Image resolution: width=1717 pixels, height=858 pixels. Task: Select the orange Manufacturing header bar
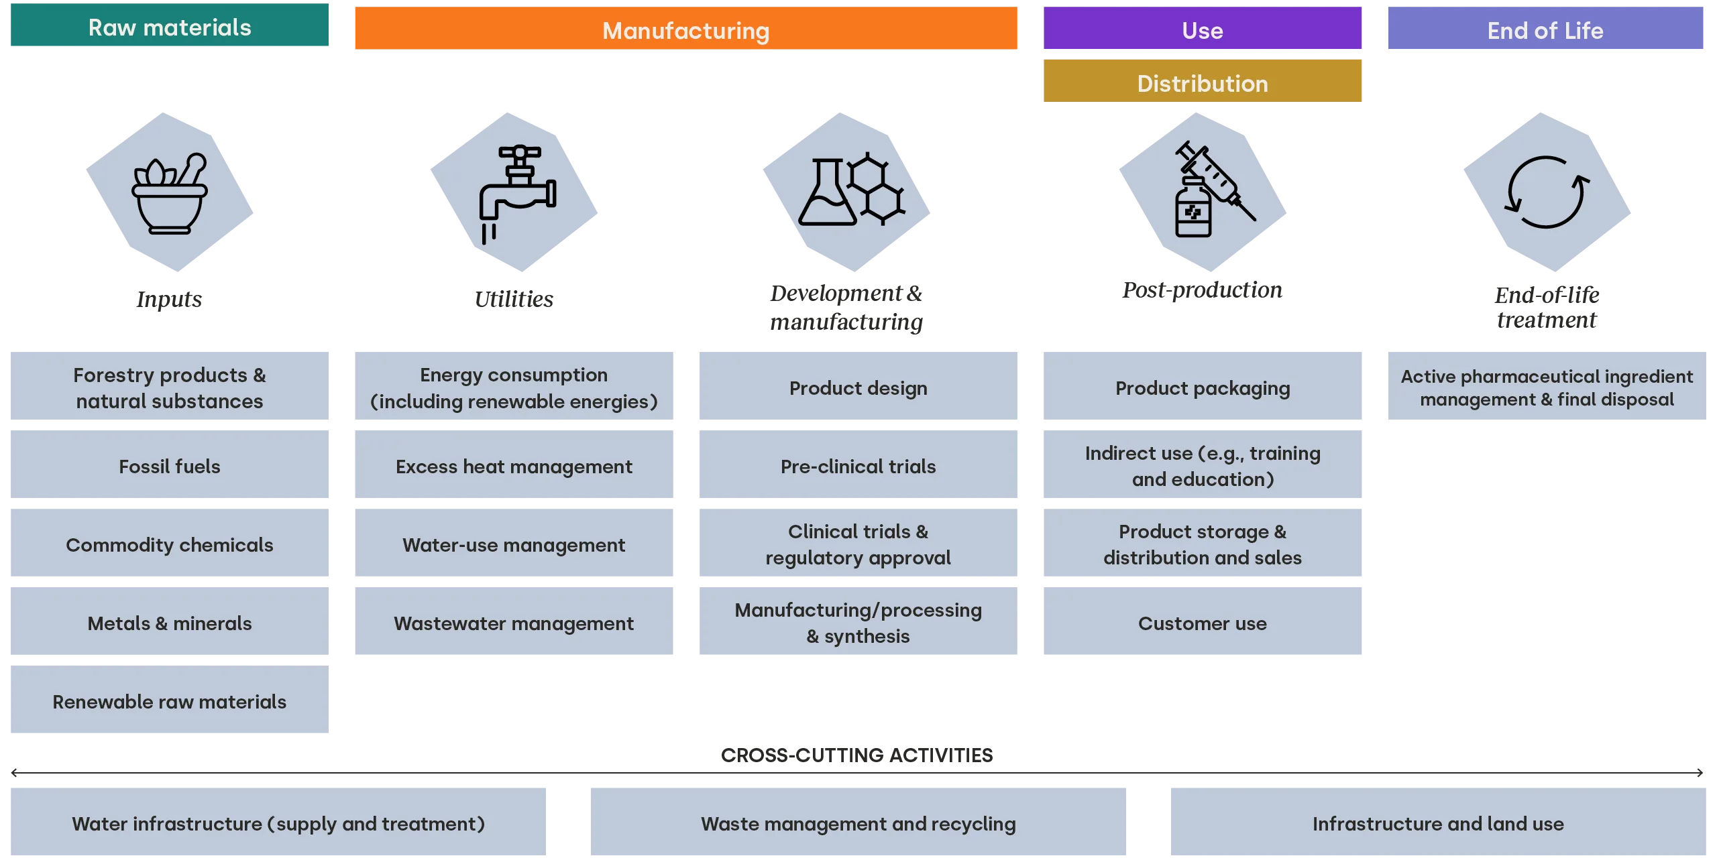(686, 30)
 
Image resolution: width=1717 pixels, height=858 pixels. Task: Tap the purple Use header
(1201, 30)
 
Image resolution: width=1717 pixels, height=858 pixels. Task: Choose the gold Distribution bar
(1201, 82)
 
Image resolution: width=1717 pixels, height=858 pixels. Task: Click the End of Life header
(1545, 30)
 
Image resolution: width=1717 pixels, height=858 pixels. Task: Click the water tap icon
(515, 192)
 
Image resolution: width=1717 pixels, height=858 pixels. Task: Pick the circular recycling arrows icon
(1546, 192)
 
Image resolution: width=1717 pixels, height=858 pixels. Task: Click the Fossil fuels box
(171, 465)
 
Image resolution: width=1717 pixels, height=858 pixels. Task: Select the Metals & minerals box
(171, 622)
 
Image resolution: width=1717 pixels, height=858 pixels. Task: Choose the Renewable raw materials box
(171, 700)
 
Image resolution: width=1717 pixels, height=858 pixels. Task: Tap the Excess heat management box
(514, 465)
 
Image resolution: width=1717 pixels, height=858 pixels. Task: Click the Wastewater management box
(514, 622)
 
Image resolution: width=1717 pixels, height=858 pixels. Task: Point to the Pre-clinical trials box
(858, 465)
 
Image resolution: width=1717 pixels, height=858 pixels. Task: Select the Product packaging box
(1201, 387)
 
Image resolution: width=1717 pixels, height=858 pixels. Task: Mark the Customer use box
(1201, 622)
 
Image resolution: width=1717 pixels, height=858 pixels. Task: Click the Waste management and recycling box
(858, 822)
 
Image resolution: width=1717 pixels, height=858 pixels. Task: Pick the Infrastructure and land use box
(1437, 822)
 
